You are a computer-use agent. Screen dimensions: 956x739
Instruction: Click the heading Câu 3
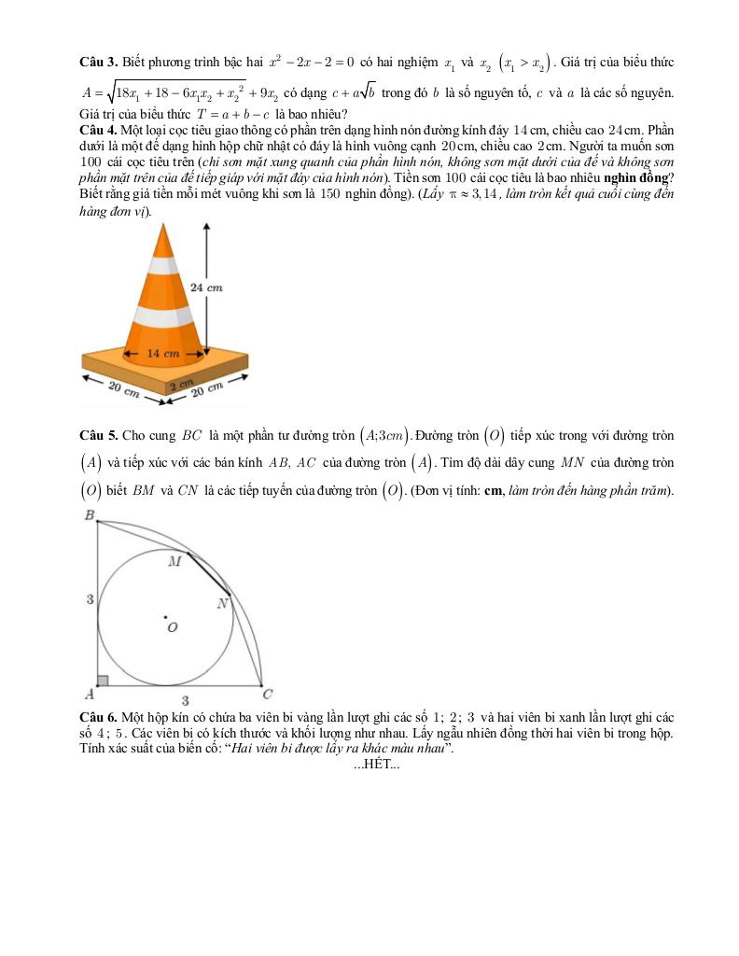(x=98, y=62)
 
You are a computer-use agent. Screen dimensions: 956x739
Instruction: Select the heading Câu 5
(x=98, y=435)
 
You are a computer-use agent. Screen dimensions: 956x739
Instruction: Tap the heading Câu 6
(x=98, y=716)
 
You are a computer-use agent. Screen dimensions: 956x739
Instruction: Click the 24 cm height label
(x=206, y=288)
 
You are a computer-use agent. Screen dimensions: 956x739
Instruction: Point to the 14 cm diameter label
(x=164, y=354)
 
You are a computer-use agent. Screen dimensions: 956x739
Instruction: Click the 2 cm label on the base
(x=180, y=384)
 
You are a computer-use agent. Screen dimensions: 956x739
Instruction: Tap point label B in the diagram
(x=89, y=515)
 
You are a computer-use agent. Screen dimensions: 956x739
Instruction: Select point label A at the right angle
(x=90, y=694)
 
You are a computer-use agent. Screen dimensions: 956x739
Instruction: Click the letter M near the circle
(x=174, y=561)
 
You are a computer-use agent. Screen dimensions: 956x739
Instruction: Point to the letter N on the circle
(x=222, y=604)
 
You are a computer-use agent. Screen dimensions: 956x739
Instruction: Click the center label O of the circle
(x=172, y=628)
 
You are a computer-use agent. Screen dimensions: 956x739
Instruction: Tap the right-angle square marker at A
(x=104, y=681)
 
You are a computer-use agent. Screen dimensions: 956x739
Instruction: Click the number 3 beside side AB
(x=91, y=599)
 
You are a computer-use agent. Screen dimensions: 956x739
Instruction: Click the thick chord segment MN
(x=208, y=572)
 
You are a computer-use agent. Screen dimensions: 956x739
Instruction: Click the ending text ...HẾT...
(x=377, y=766)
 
